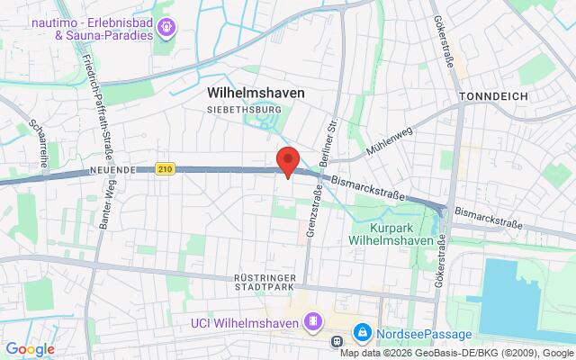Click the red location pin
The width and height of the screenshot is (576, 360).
288,160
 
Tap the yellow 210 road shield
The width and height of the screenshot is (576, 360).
164,167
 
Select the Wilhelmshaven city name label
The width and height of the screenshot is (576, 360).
256,93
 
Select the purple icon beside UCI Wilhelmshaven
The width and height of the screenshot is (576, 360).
313,321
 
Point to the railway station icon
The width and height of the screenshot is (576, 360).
336,341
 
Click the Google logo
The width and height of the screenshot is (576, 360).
30,349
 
